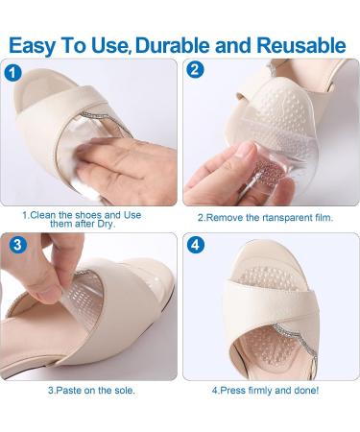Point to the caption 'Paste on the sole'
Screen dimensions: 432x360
(91, 391)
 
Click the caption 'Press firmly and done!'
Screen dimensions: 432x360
(266, 391)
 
